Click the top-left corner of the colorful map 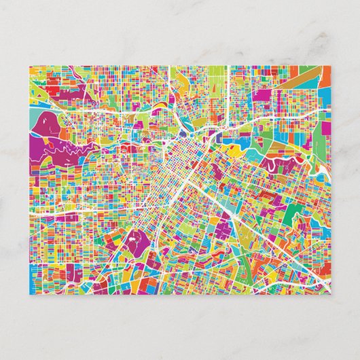tap(29, 65)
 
